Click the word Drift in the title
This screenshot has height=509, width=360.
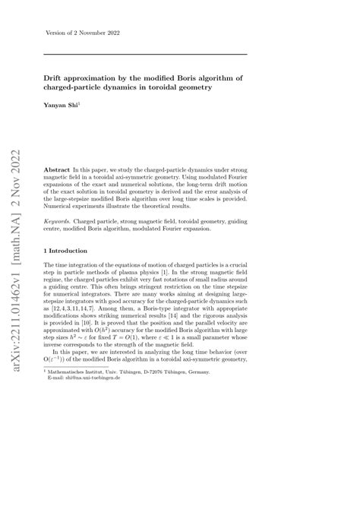tap(55, 77)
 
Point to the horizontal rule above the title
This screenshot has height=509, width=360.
tap(145, 54)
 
